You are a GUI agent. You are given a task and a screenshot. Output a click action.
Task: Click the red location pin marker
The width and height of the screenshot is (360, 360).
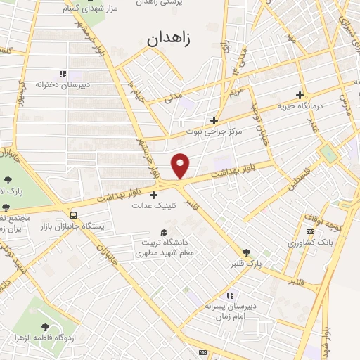tap(181, 165)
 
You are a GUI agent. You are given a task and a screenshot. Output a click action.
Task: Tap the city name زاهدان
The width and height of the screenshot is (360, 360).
tap(169, 40)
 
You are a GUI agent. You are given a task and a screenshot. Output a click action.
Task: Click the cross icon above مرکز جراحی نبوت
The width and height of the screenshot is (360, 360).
tap(214, 120)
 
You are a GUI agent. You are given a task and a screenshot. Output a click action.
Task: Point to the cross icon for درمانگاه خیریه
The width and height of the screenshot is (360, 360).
tap(300, 95)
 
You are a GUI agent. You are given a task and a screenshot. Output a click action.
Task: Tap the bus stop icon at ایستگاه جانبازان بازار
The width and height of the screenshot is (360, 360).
tap(74, 214)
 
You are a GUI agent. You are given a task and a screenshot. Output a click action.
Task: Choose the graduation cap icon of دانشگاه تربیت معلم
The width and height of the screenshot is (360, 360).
tap(164, 232)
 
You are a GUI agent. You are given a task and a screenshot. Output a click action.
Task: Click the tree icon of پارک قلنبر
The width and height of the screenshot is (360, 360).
tap(245, 252)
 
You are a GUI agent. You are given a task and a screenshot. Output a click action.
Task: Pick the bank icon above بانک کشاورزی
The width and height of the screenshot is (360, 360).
tap(309, 231)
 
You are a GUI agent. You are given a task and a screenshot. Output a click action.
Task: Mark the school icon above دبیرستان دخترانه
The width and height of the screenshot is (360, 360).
tap(63, 73)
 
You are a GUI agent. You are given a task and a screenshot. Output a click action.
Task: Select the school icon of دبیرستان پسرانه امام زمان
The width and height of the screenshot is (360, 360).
tap(229, 295)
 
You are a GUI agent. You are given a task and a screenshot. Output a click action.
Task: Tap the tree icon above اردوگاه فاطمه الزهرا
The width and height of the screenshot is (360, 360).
tap(46, 326)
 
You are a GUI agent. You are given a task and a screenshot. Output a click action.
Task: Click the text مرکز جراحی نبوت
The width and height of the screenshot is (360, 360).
tap(214, 131)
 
